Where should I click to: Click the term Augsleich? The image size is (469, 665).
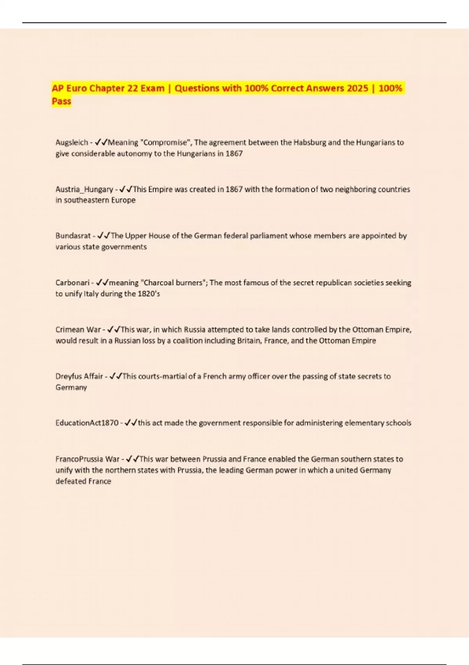[x=72, y=142]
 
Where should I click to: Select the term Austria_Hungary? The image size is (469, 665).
[x=84, y=189]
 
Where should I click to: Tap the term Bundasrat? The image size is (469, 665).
[x=73, y=236]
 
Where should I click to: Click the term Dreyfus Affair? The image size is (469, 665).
[x=79, y=376]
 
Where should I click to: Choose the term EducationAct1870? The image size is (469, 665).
[x=87, y=423]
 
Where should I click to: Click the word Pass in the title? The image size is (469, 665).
[x=61, y=101]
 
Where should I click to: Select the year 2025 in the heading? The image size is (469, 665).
[x=357, y=88]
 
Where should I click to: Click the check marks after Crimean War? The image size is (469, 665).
[x=114, y=329]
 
